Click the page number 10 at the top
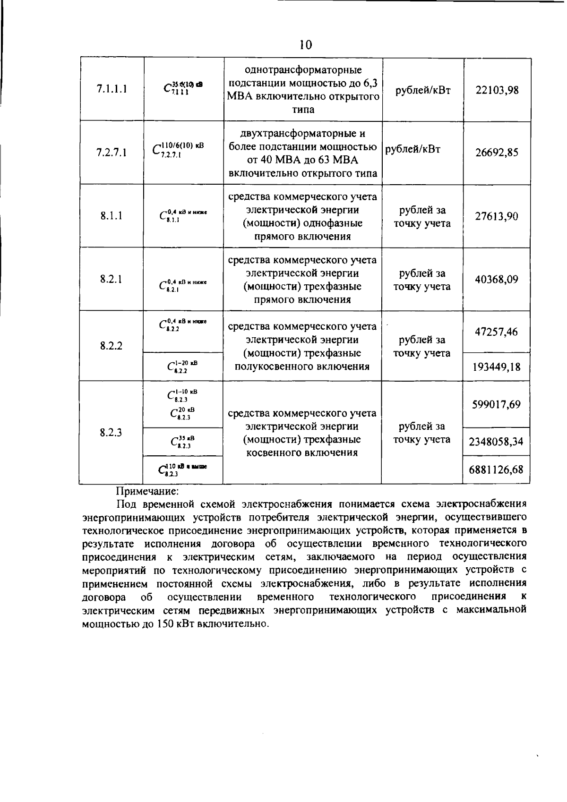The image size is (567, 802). (x=306, y=45)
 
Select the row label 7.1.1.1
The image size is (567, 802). (x=112, y=90)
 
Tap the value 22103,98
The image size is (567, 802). (x=497, y=90)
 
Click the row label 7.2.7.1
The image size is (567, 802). (x=112, y=153)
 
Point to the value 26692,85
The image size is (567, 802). (x=497, y=153)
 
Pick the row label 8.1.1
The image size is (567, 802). (x=112, y=216)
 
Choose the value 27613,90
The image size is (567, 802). (x=497, y=216)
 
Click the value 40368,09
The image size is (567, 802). (x=497, y=279)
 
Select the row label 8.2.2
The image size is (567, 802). (x=112, y=345)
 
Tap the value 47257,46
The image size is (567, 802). (x=497, y=332)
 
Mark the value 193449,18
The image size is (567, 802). (x=497, y=367)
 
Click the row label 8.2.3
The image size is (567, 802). (x=112, y=432)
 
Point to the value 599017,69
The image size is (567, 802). (x=497, y=404)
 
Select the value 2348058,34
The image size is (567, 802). (x=497, y=442)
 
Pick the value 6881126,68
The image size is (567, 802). (x=497, y=470)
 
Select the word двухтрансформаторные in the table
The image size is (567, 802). (x=296, y=134)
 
